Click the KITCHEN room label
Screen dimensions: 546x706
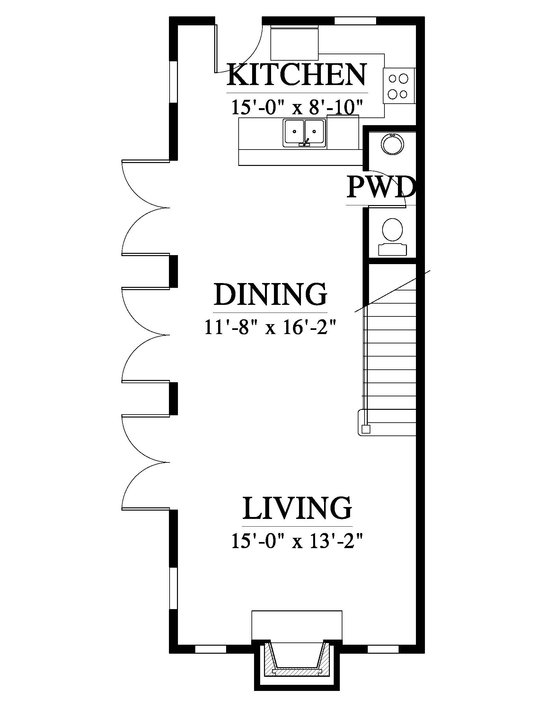point(297,75)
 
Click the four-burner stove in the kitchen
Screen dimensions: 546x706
point(399,86)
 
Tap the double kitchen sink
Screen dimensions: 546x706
point(304,133)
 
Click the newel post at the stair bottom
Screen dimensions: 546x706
point(366,429)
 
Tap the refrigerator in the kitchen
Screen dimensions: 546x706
point(294,43)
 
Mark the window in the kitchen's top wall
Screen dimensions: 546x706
point(355,21)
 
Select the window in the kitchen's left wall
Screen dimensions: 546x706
point(173,82)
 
